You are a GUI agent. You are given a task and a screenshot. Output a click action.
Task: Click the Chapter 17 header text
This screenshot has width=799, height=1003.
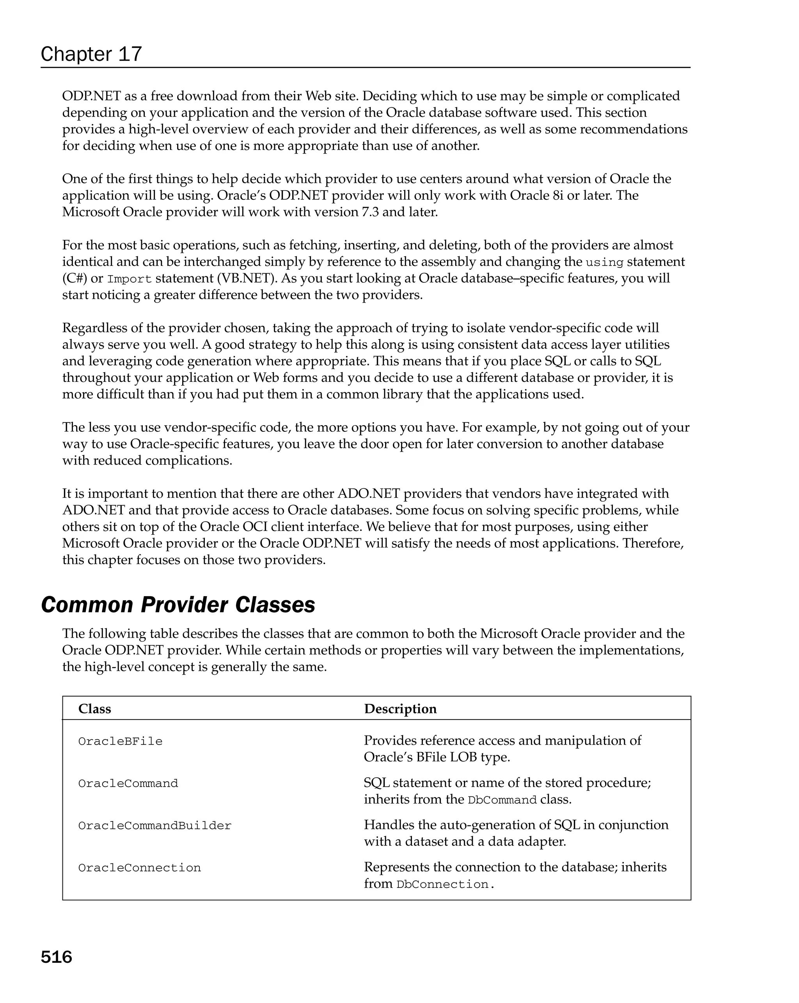[91, 54]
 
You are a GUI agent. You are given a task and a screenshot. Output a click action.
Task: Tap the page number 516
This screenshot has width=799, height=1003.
[56, 957]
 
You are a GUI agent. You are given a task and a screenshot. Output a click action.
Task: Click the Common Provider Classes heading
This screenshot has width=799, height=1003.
[178, 605]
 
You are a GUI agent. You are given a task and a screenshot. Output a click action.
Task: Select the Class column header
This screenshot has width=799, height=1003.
[94, 709]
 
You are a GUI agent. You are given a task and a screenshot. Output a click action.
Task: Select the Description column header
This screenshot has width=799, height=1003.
[400, 709]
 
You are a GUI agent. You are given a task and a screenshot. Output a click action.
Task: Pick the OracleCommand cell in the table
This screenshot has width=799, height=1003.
[128, 784]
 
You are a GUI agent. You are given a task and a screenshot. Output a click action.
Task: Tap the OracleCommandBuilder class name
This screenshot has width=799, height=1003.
[154, 826]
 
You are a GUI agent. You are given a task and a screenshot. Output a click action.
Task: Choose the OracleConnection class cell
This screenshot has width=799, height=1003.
[139, 868]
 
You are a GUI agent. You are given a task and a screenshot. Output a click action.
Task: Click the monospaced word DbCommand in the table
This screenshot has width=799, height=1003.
[502, 800]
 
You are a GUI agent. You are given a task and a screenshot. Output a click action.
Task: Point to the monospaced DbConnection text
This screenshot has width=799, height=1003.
[442, 884]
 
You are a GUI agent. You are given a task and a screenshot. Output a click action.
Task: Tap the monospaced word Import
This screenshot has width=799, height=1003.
[129, 279]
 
